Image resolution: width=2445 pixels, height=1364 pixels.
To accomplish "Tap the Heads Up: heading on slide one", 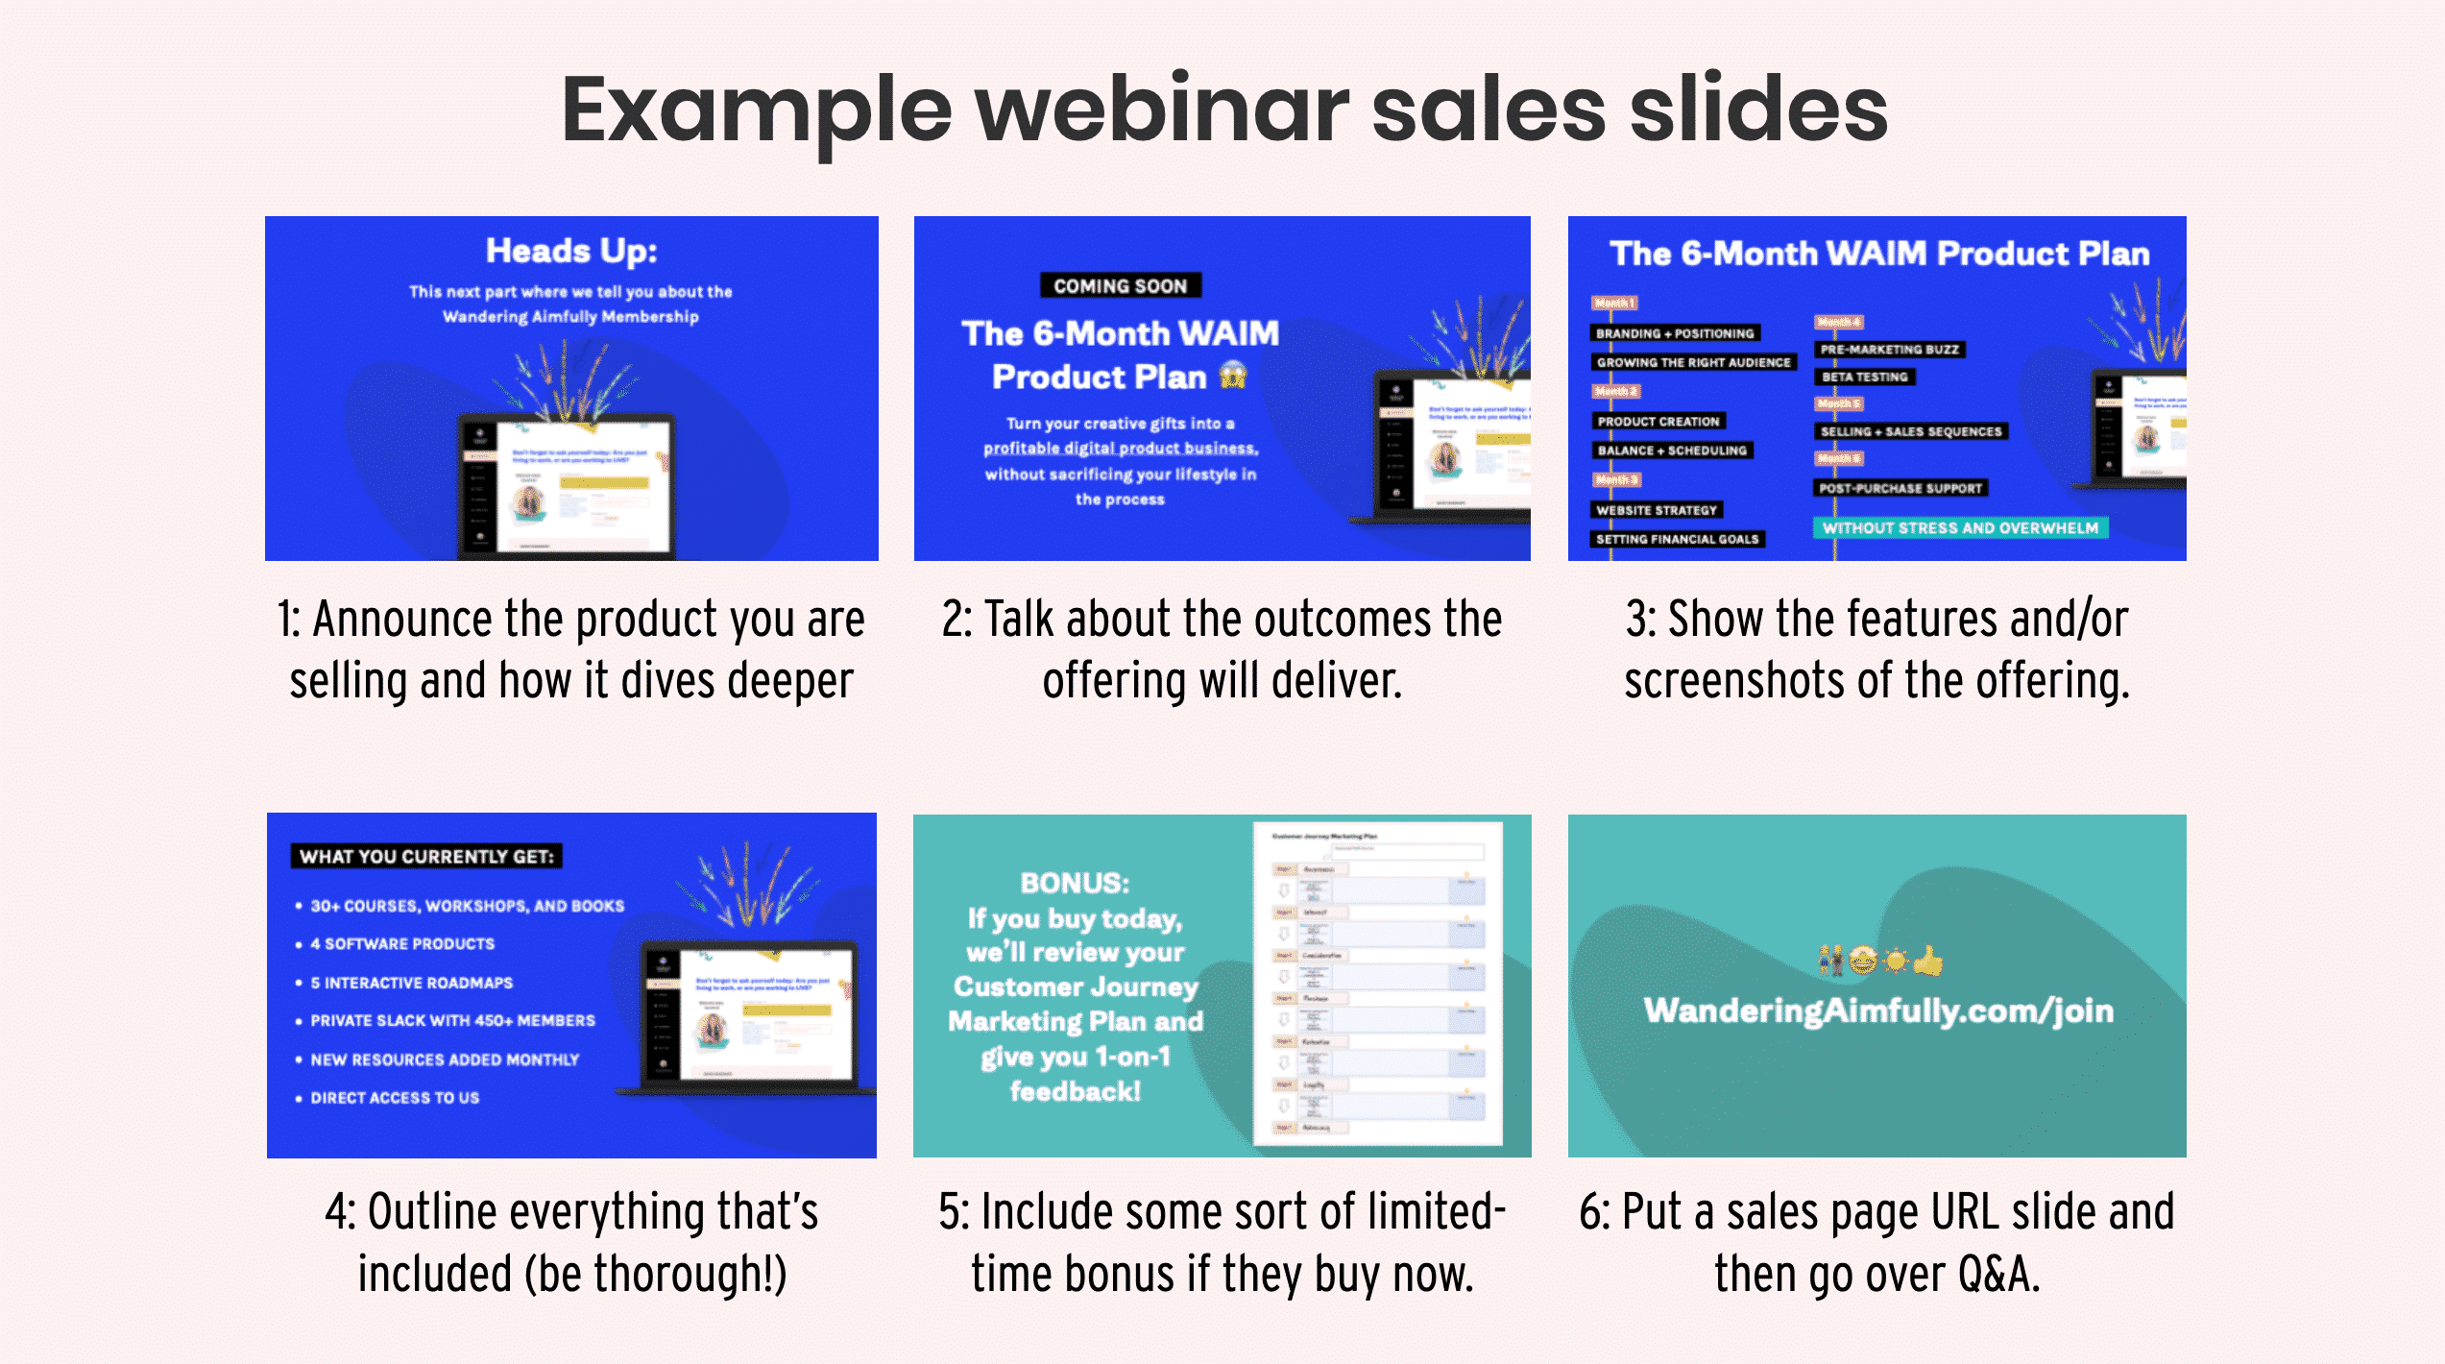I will point(571,251).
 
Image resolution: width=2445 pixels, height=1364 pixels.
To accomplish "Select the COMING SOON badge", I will point(1120,286).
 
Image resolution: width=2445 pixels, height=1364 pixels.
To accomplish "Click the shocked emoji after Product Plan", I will point(1233,377).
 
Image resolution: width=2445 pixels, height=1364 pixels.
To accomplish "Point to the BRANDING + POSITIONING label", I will point(1675,333).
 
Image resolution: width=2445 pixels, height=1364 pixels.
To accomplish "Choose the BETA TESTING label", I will point(1864,378).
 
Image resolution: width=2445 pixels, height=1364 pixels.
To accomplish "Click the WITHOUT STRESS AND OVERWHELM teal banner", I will point(1960,528).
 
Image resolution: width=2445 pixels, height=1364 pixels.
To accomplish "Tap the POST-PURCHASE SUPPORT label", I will point(1900,488).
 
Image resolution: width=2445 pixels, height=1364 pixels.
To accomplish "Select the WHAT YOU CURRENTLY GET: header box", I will point(426,857).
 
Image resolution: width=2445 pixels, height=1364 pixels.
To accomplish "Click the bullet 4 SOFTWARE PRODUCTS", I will point(402,944).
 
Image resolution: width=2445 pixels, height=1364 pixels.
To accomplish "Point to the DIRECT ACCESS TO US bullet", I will point(395,1098).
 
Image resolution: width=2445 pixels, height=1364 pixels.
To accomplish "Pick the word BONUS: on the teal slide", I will point(1075,883).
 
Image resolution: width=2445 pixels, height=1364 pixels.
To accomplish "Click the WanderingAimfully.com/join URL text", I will point(1878,1011).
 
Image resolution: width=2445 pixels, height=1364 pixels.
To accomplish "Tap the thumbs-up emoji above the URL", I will point(1927,960).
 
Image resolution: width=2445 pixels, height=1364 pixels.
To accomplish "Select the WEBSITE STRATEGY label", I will point(1656,510).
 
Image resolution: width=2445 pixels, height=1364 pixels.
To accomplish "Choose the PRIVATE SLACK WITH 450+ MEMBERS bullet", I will point(452,1021).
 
